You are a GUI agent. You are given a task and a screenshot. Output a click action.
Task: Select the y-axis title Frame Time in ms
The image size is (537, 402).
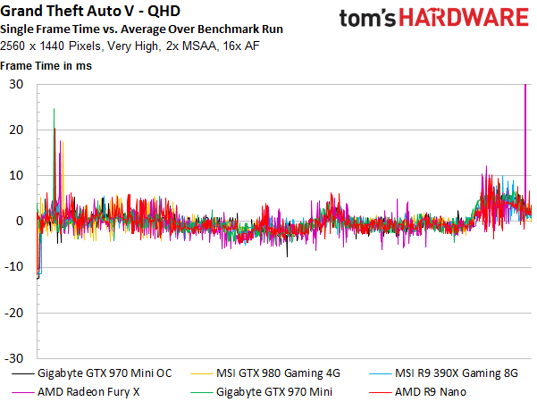click(x=46, y=65)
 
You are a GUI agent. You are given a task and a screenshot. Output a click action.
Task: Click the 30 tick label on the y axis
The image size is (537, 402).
click(x=16, y=84)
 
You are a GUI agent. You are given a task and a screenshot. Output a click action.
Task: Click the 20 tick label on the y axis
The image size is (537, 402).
click(x=16, y=130)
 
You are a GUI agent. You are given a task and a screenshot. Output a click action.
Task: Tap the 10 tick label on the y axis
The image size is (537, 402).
click(x=16, y=175)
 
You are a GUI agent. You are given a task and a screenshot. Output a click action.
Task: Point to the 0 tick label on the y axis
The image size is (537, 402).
click(x=20, y=221)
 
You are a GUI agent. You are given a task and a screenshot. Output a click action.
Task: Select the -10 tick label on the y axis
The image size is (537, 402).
click(x=14, y=266)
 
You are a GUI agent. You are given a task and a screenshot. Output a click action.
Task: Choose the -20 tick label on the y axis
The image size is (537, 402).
click(x=14, y=312)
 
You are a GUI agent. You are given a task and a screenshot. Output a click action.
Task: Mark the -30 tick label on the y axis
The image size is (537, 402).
click(x=14, y=357)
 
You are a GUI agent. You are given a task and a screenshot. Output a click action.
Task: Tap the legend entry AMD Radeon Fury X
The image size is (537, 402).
click(x=88, y=390)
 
